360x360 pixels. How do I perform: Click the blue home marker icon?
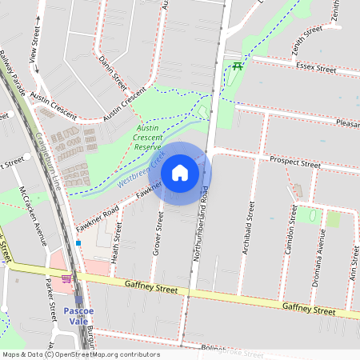coord(181,173)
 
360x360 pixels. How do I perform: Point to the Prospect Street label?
coord(294,162)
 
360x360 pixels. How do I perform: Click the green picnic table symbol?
coord(237,66)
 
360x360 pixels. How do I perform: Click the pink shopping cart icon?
coord(66,278)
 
